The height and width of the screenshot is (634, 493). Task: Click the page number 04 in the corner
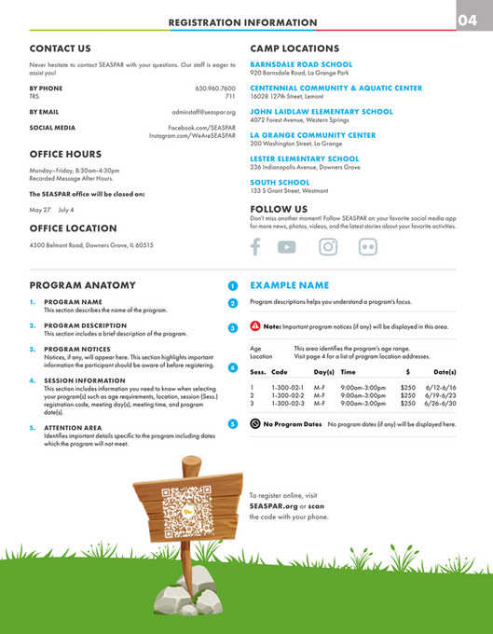[472, 21]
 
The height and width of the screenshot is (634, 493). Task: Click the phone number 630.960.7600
[215, 88]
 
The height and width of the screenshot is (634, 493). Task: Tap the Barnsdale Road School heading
[301, 64]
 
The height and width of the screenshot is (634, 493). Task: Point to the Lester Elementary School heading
[304, 158]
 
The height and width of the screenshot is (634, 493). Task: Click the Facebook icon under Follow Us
[255, 247]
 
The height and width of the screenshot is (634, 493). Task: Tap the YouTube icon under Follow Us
[286, 247]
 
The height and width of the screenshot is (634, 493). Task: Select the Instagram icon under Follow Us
[328, 247]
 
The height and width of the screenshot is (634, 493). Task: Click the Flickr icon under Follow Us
[368, 247]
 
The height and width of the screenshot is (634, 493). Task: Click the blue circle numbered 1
[233, 285]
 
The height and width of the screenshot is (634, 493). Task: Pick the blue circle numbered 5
[233, 424]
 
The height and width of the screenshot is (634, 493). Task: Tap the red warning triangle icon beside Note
[255, 326]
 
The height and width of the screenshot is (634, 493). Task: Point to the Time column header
[348, 372]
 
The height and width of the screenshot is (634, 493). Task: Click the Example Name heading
[289, 285]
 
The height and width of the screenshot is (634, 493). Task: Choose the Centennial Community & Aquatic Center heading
[336, 88]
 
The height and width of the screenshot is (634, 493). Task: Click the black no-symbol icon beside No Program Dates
[255, 424]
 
